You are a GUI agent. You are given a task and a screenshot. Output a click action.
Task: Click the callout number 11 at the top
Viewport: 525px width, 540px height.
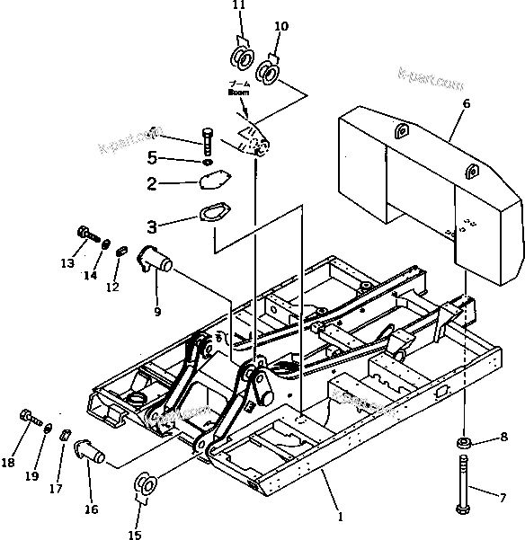[238, 6]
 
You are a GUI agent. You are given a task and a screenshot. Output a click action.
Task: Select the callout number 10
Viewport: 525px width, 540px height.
[281, 27]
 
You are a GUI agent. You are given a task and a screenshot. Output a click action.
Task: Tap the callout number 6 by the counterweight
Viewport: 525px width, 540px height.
[466, 104]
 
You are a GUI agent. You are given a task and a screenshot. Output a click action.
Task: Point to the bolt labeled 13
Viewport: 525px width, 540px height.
[86, 233]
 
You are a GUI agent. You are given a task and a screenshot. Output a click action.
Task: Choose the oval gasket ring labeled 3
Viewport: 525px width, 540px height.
[212, 217]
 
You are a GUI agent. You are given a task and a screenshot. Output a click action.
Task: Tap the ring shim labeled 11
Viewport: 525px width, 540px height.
[243, 58]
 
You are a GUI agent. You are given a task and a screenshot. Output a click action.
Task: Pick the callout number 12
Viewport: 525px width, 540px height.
[112, 287]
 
